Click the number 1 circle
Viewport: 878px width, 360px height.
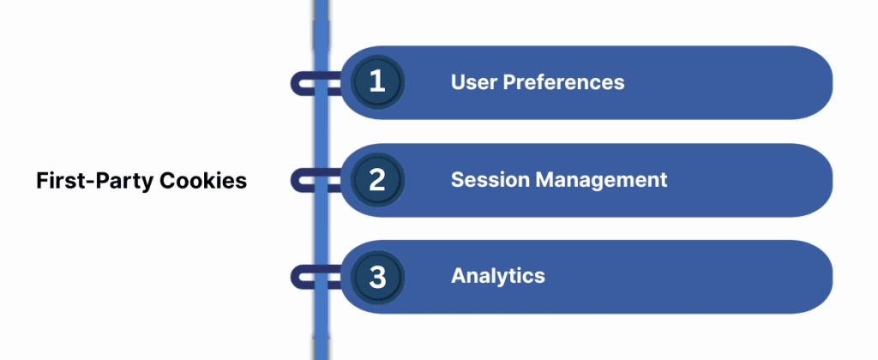pos(376,82)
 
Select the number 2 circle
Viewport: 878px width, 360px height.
pos(376,180)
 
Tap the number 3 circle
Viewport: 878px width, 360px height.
pos(376,277)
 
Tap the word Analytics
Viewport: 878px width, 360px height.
pos(498,277)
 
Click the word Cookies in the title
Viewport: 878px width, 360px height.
pos(207,182)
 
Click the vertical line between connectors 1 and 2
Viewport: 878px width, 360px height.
pos(321,131)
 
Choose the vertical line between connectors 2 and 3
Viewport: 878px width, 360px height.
pos(321,229)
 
